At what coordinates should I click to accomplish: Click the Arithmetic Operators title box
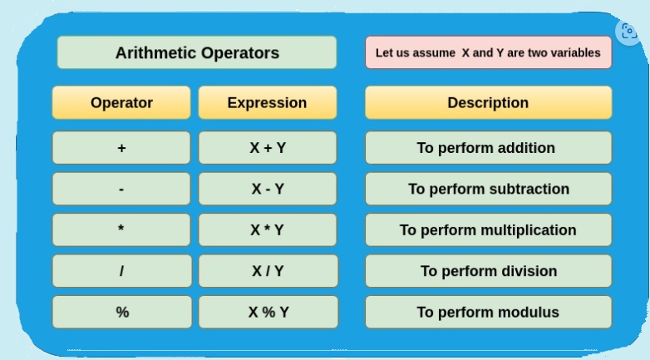tap(197, 52)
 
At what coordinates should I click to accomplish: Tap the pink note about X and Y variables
tap(488, 52)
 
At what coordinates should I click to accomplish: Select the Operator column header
tap(121, 102)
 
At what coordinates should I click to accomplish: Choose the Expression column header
tap(268, 102)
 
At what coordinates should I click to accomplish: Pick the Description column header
tap(488, 102)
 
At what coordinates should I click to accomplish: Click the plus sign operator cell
tap(121, 148)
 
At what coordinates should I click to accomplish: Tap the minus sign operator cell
tap(121, 189)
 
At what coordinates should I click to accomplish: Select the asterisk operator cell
tap(121, 229)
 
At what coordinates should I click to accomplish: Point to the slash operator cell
tap(122, 271)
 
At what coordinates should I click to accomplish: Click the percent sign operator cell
tap(122, 312)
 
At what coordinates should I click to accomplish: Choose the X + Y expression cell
tap(268, 148)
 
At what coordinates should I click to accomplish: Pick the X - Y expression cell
tap(268, 189)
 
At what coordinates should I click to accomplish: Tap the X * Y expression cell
tap(268, 229)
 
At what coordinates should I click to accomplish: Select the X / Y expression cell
tap(268, 271)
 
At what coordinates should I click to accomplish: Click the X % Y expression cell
tap(268, 312)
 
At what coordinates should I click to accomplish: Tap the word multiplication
tap(534, 230)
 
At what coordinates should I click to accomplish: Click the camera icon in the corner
tap(629, 32)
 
